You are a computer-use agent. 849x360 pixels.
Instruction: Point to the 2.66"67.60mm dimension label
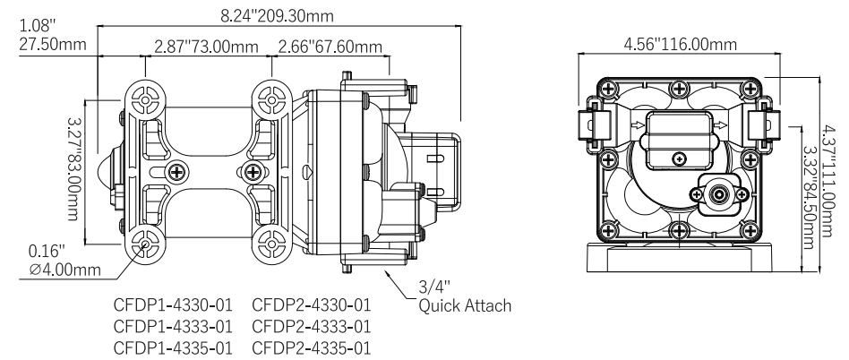point(330,47)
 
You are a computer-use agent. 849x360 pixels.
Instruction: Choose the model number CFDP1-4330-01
point(170,305)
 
